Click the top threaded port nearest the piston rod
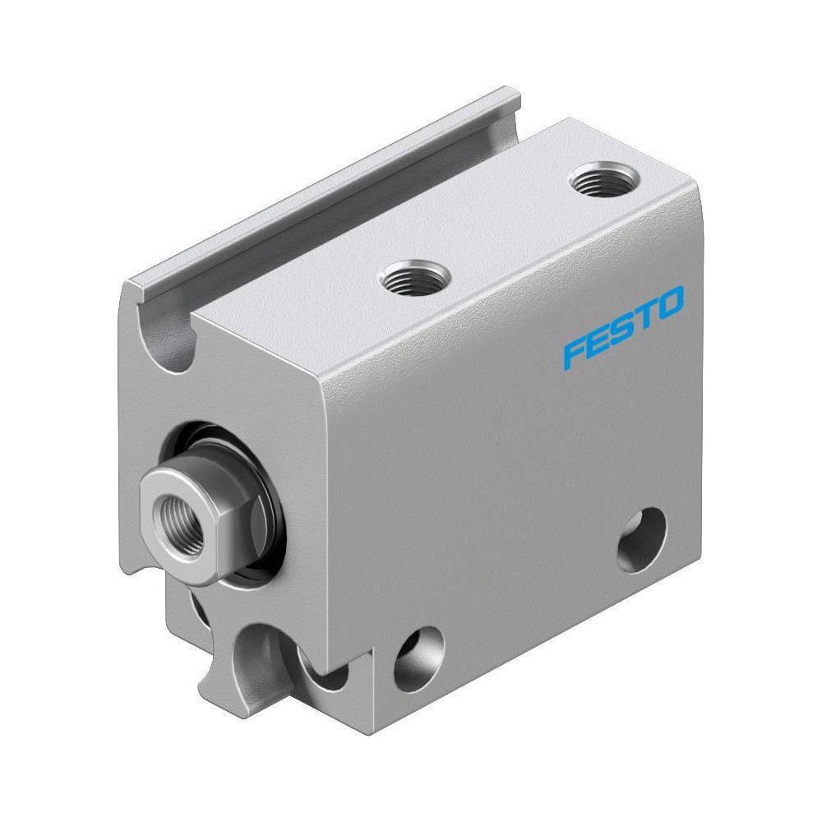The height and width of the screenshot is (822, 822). (x=415, y=278)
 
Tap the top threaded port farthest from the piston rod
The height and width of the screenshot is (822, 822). (x=605, y=179)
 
